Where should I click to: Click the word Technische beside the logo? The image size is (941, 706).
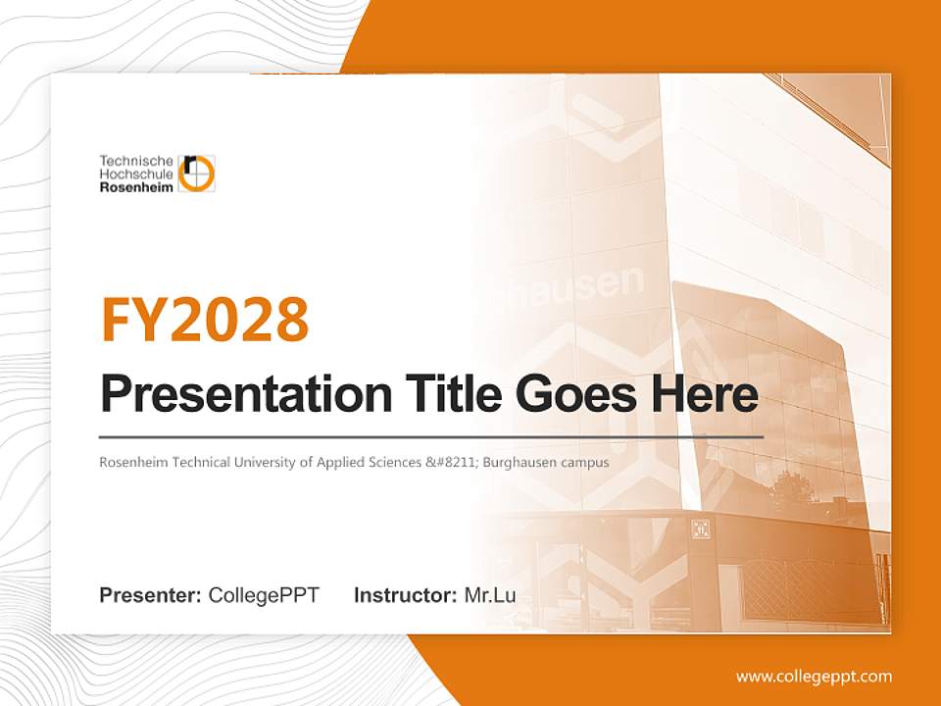136,160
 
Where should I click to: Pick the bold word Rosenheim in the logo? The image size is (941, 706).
136,186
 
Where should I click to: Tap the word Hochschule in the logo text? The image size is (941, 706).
136,174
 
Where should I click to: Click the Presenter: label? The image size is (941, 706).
151,595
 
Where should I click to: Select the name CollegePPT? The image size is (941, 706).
264,595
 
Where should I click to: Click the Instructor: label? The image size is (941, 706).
405,595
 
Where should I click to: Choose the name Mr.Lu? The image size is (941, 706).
490,595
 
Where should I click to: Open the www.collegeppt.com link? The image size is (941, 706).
814,677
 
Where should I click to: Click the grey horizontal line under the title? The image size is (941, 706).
431,436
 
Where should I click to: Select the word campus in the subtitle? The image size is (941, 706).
589,462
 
